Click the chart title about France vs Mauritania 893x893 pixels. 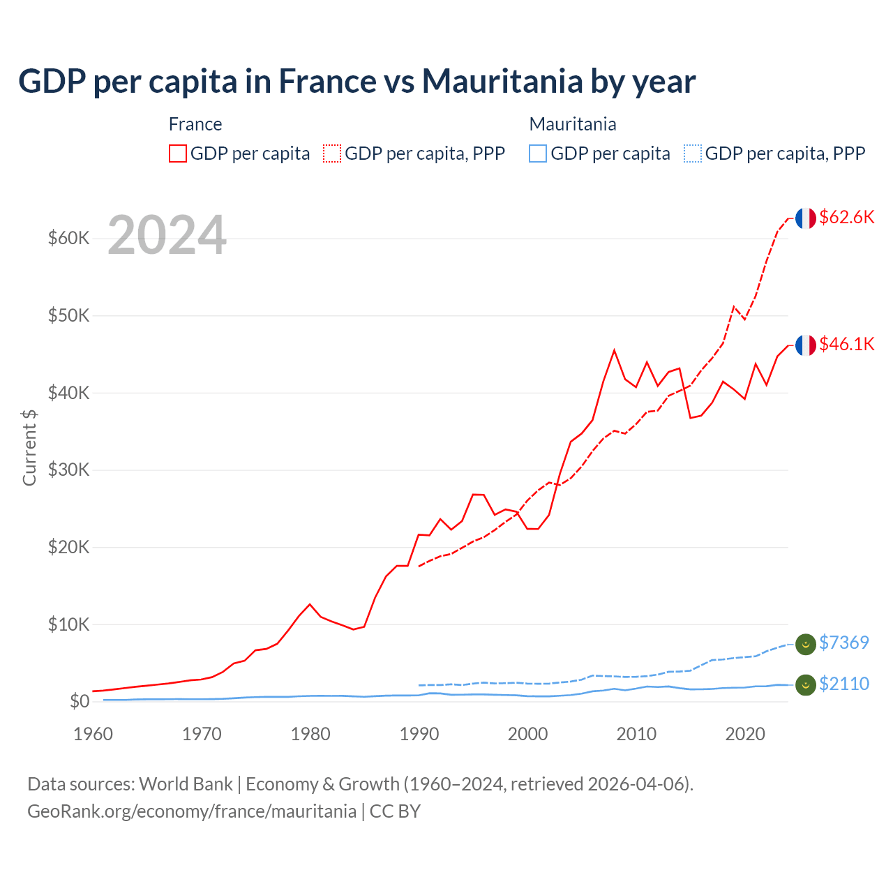[357, 81]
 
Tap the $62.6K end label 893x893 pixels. [846, 217]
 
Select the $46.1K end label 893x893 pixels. [846, 344]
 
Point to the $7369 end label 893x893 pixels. [843, 643]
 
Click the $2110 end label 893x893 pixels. [843, 684]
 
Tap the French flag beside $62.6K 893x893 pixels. [806, 218]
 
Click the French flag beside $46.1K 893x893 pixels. [806, 345]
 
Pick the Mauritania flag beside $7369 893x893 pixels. [806, 645]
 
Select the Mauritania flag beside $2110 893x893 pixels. [806, 685]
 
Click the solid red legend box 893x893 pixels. [178, 153]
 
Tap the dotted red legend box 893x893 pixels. [332, 153]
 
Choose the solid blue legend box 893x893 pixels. [538, 153]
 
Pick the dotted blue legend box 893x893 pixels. [693, 153]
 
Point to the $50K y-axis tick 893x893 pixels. [68, 315]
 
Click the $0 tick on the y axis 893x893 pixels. [80, 701]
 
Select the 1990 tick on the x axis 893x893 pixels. [419, 734]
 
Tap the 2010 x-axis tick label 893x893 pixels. [636, 734]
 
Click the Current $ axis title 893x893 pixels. [29, 447]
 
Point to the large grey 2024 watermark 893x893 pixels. [167, 235]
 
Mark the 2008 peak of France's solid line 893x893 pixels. [614, 350]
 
